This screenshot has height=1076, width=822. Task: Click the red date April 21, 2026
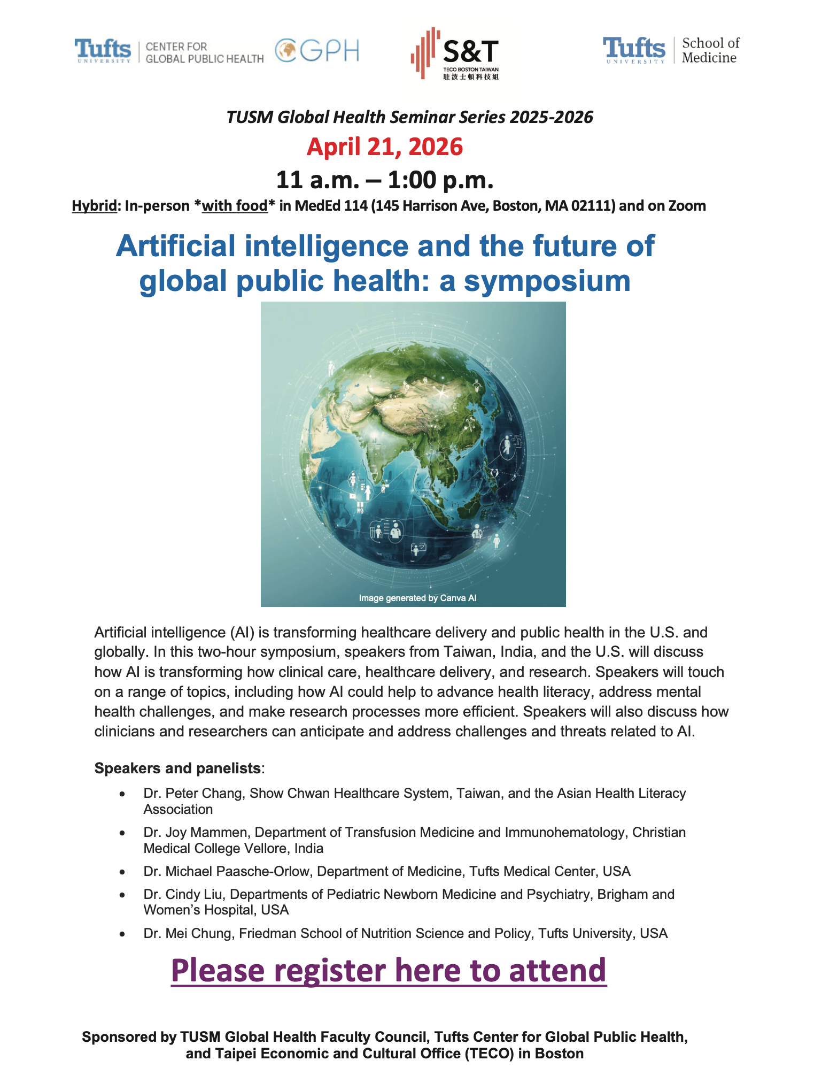(x=384, y=147)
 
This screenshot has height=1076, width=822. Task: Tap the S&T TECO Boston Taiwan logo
(x=455, y=53)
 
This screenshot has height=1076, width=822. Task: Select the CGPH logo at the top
(x=317, y=51)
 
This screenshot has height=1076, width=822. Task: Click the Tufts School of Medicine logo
(x=671, y=51)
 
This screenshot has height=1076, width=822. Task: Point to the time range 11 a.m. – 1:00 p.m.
(x=384, y=180)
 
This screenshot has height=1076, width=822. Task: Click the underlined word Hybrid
(x=94, y=206)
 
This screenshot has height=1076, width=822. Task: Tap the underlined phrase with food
(x=235, y=206)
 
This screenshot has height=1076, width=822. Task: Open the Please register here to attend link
(x=389, y=971)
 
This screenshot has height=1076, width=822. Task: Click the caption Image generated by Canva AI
(x=417, y=598)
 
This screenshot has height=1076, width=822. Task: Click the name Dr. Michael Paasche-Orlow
(x=227, y=871)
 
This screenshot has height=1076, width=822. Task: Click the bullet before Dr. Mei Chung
(x=122, y=934)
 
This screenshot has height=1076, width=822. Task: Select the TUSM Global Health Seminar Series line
(x=409, y=117)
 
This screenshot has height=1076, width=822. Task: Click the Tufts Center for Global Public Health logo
(x=169, y=52)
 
